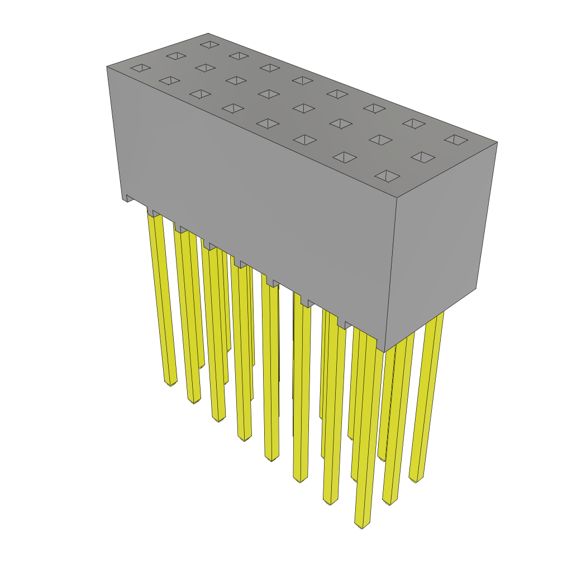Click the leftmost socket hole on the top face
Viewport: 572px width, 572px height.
coord(141,68)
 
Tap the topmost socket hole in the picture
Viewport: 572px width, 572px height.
coord(210,44)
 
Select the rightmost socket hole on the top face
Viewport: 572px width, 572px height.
coord(456,140)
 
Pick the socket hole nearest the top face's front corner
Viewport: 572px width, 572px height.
coord(387,176)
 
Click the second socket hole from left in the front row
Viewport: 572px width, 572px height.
coord(169,80)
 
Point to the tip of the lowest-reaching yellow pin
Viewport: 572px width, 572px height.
coord(362,525)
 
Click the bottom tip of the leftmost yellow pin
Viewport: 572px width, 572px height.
coord(171,383)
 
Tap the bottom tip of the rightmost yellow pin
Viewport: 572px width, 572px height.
coord(416,479)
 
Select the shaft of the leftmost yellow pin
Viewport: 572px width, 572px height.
coord(161,296)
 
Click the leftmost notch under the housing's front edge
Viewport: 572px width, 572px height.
coord(129,198)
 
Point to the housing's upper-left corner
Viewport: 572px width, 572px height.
coord(107,67)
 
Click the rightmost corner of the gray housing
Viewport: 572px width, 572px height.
coord(497,142)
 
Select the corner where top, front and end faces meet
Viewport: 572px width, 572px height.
coord(397,197)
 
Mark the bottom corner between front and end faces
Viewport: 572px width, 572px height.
coord(385,352)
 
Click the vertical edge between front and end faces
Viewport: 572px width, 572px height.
coord(391,274)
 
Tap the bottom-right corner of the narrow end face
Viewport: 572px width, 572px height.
coord(476,288)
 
